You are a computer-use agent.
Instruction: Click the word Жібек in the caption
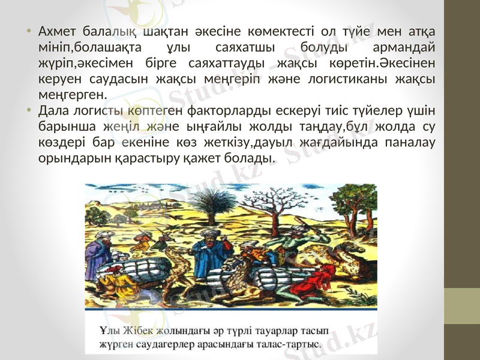point(139,331)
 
